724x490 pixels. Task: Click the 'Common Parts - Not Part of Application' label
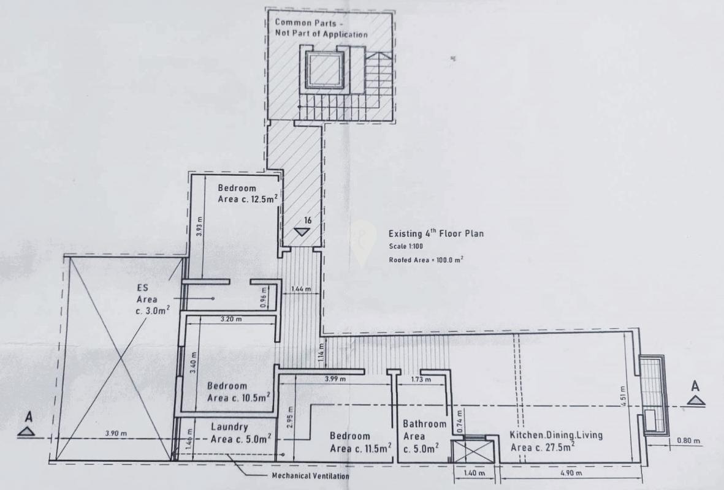pos(321,28)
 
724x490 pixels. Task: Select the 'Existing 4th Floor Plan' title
pos(436,234)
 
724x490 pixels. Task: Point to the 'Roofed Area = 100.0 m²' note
pos(425,260)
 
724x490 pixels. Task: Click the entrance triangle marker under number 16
pos(301,232)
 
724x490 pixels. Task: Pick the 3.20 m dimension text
pos(231,320)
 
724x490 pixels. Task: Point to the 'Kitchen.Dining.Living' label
pos(555,435)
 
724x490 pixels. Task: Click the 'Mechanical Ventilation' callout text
pos(311,476)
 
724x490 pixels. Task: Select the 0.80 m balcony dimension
pos(688,441)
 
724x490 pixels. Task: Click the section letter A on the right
pos(695,386)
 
